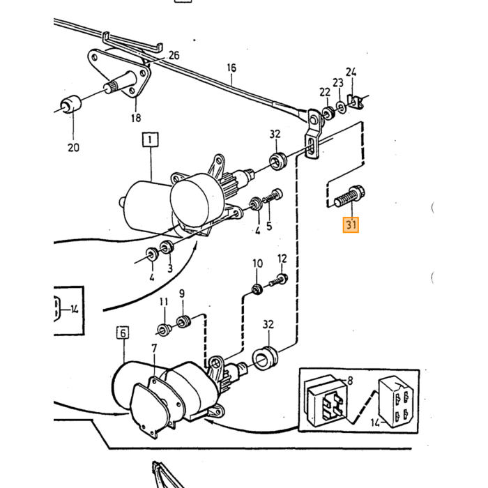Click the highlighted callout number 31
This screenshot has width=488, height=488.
[351, 224]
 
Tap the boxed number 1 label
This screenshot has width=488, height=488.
[151, 139]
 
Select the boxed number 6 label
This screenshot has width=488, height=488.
[123, 333]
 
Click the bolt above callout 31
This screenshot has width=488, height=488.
[349, 196]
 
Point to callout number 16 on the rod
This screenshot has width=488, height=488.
[231, 68]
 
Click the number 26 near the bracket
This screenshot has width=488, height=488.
[174, 55]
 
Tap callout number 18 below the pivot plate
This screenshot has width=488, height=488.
[136, 118]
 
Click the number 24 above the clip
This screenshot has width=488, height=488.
[351, 73]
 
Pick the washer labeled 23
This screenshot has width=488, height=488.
[342, 107]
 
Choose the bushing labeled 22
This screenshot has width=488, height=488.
[328, 113]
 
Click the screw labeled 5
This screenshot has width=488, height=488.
[273, 197]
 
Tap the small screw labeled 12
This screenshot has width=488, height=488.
[279, 280]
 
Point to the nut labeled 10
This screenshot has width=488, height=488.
[257, 289]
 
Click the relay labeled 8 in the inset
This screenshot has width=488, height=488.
[326, 400]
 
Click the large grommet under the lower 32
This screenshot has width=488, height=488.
[265, 358]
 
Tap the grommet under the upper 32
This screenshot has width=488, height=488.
[277, 161]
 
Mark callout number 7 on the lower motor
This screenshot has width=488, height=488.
[154, 349]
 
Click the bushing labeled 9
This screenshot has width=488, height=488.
[183, 321]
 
